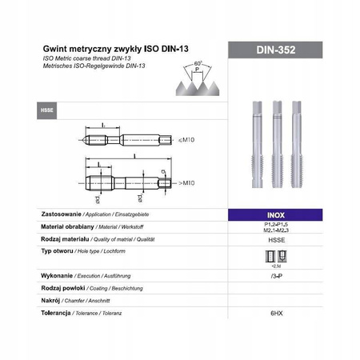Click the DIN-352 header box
coord(277,50)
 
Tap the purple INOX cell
coord(277,215)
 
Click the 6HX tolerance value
coord(277,313)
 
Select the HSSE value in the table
coord(277,239)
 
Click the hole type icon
coord(277,255)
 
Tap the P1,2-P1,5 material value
coord(277,225)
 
